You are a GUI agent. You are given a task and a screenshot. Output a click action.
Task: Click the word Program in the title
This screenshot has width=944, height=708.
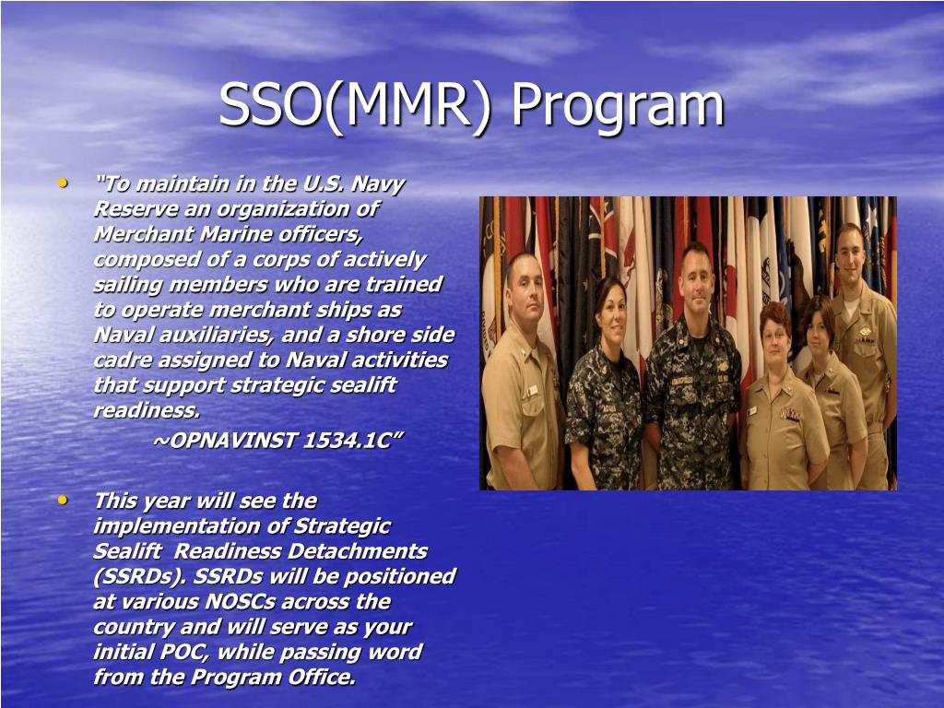click(x=618, y=107)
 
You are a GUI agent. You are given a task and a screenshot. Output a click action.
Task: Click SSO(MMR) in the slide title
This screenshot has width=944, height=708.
click(x=355, y=103)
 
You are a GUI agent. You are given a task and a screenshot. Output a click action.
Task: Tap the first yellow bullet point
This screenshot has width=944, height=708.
click(x=63, y=183)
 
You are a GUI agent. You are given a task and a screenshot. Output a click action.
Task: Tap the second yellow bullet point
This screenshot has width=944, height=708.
click(x=63, y=500)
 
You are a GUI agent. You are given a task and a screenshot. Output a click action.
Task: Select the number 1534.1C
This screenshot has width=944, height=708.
click(x=351, y=441)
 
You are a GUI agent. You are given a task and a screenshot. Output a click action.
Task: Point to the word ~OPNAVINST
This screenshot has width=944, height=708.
click(x=225, y=441)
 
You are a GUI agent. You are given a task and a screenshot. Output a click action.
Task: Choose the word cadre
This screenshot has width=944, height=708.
click(x=121, y=360)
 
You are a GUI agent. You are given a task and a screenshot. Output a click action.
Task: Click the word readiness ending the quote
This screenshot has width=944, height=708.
click(x=147, y=410)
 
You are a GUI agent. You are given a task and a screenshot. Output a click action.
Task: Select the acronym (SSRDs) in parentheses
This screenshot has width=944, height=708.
click(x=138, y=576)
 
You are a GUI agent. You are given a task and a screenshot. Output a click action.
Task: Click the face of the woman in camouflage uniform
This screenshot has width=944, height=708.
click(x=612, y=317)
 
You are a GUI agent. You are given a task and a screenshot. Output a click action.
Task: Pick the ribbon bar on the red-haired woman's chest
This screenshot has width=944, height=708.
click(x=789, y=414)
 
